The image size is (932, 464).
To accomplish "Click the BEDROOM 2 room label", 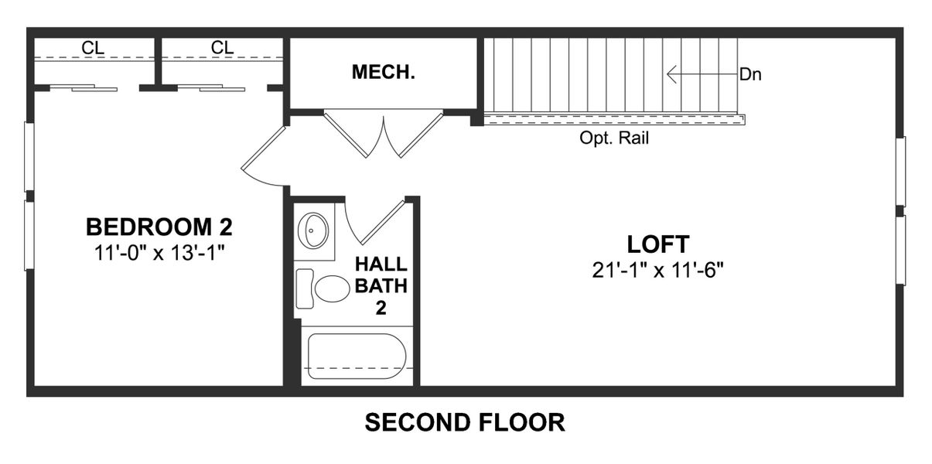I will click(x=159, y=227).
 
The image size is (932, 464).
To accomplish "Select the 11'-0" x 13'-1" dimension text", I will click(x=159, y=251).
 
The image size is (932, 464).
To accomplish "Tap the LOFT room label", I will click(x=657, y=244).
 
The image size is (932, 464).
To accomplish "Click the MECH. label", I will click(x=384, y=73).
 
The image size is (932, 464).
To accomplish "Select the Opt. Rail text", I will click(x=614, y=139).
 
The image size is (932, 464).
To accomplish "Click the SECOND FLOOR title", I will click(x=465, y=423).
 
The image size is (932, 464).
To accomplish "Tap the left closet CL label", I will click(x=94, y=48).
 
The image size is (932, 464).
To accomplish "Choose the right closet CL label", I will click(x=222, y=48).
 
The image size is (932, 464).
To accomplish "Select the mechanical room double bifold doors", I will click(x=383, y=134).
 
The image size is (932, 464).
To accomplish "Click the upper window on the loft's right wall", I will click(x=900, y=171).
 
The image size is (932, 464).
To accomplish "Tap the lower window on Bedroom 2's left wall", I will click(x=29, y=235).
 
